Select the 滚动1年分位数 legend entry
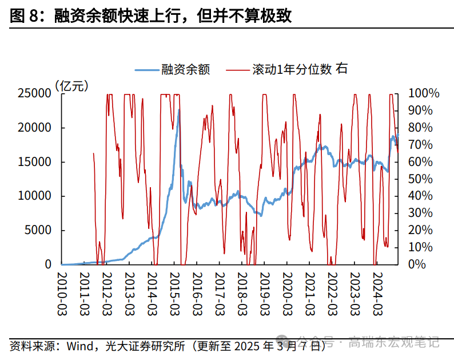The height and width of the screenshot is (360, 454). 292,70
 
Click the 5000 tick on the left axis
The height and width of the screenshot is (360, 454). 38,231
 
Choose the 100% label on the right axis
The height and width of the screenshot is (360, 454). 424,93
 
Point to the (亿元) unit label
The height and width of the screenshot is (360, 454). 72,86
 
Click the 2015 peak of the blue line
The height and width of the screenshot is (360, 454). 178,110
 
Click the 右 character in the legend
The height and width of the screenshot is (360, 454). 342,69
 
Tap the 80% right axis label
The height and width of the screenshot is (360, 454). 427,128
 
